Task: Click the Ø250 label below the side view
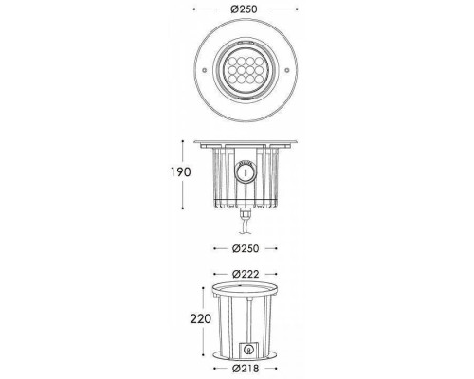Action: point(245,249)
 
